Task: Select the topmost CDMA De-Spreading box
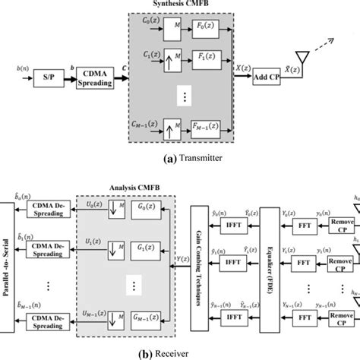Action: pyautogui.click(x=51, y=212)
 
